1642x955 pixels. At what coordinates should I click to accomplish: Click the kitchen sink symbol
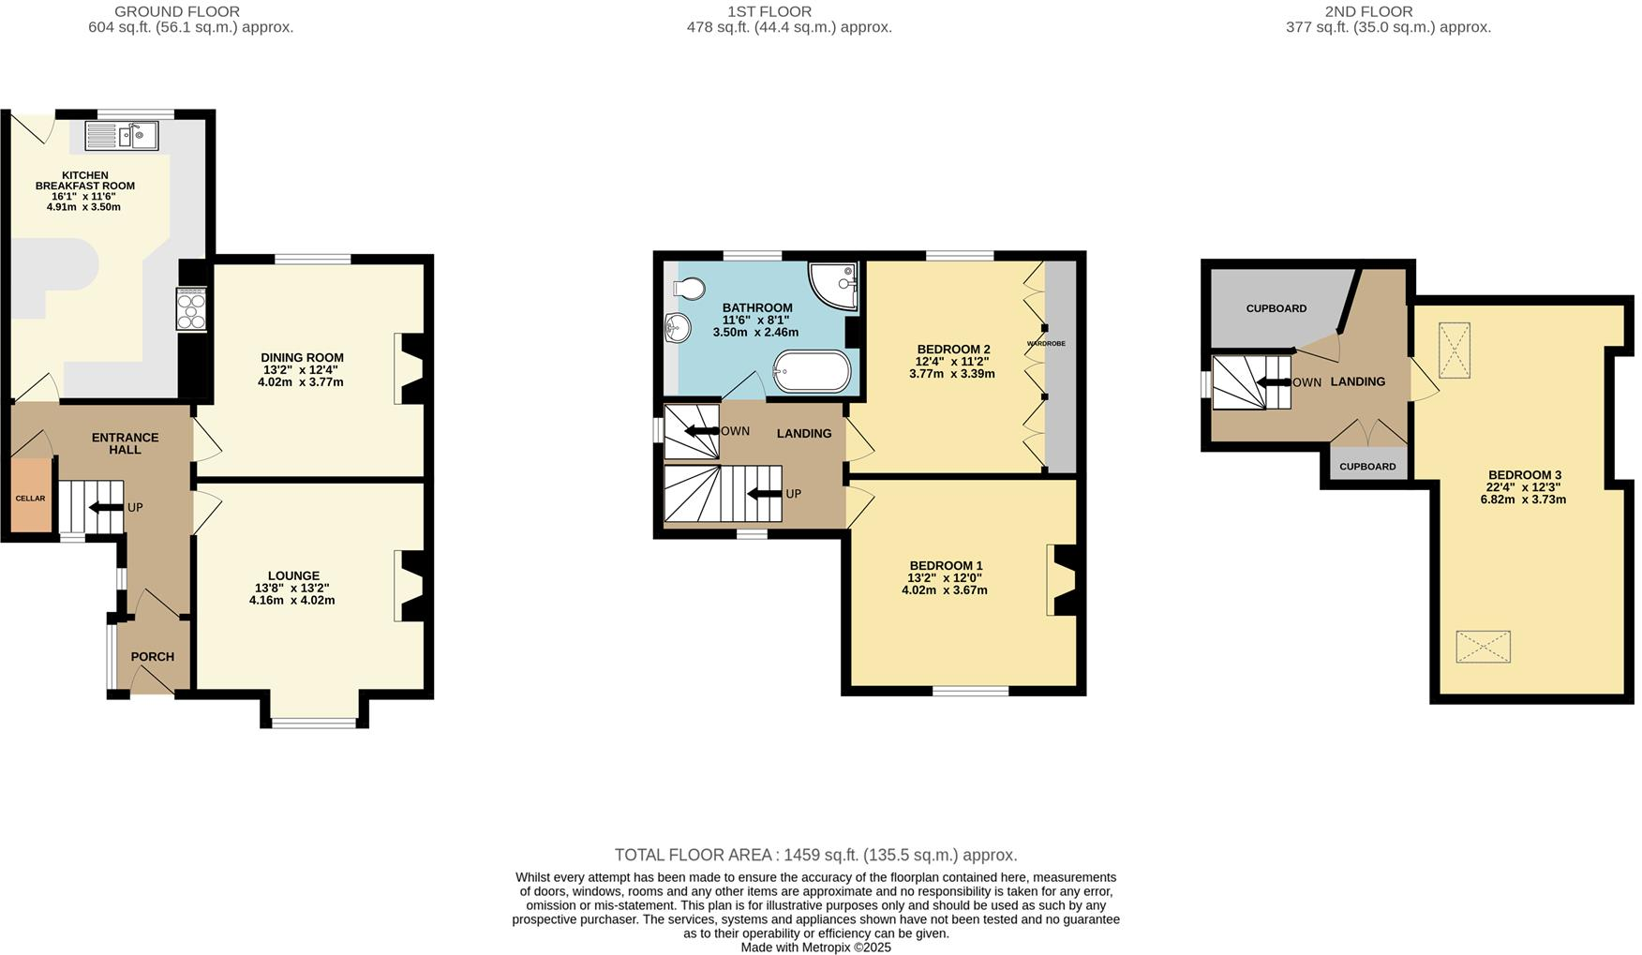(x=122, y=136)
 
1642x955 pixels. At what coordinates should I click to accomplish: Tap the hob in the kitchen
(x=191, y=309)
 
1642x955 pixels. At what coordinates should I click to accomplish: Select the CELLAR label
(x=30, y=498)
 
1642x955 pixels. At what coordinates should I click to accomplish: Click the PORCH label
(x=152, y=656)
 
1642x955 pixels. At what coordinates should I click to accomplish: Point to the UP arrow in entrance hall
(x=106, y=507)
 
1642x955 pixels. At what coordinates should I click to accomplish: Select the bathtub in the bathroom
(x=812, y=372)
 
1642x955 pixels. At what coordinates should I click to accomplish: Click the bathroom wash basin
(x=677, y=329)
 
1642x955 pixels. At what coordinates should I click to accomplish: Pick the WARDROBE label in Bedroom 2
(x=1046, y=344)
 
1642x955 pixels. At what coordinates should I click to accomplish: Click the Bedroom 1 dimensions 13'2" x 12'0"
(x=945, y=577)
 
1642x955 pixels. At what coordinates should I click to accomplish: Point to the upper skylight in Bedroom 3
(x=1454, y=350)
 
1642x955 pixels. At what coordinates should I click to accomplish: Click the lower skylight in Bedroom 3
(x=1483, y=647)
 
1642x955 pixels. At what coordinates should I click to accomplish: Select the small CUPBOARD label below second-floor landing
(x=1367, y=466)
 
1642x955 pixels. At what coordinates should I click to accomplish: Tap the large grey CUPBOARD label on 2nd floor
(x=1276, y=308)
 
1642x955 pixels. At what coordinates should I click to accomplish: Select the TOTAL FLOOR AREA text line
(x=815, y=855)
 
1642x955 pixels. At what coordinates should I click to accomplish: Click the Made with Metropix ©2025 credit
(x=815, y=947)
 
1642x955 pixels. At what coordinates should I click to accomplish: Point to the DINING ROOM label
(x=302, y=357)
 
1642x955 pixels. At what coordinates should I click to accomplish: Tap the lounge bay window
(x=314, y=723)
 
